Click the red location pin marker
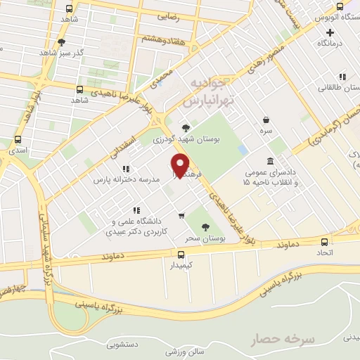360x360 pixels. coord(181,165)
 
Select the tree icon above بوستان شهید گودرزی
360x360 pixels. coord(185,127)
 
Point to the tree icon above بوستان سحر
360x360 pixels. coord(205,226)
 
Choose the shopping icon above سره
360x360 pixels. coord(266,120)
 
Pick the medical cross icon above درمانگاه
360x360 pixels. coord(330,32)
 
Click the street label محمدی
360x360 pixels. coord(160,78)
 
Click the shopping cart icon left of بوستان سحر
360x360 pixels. coord(181,216)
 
